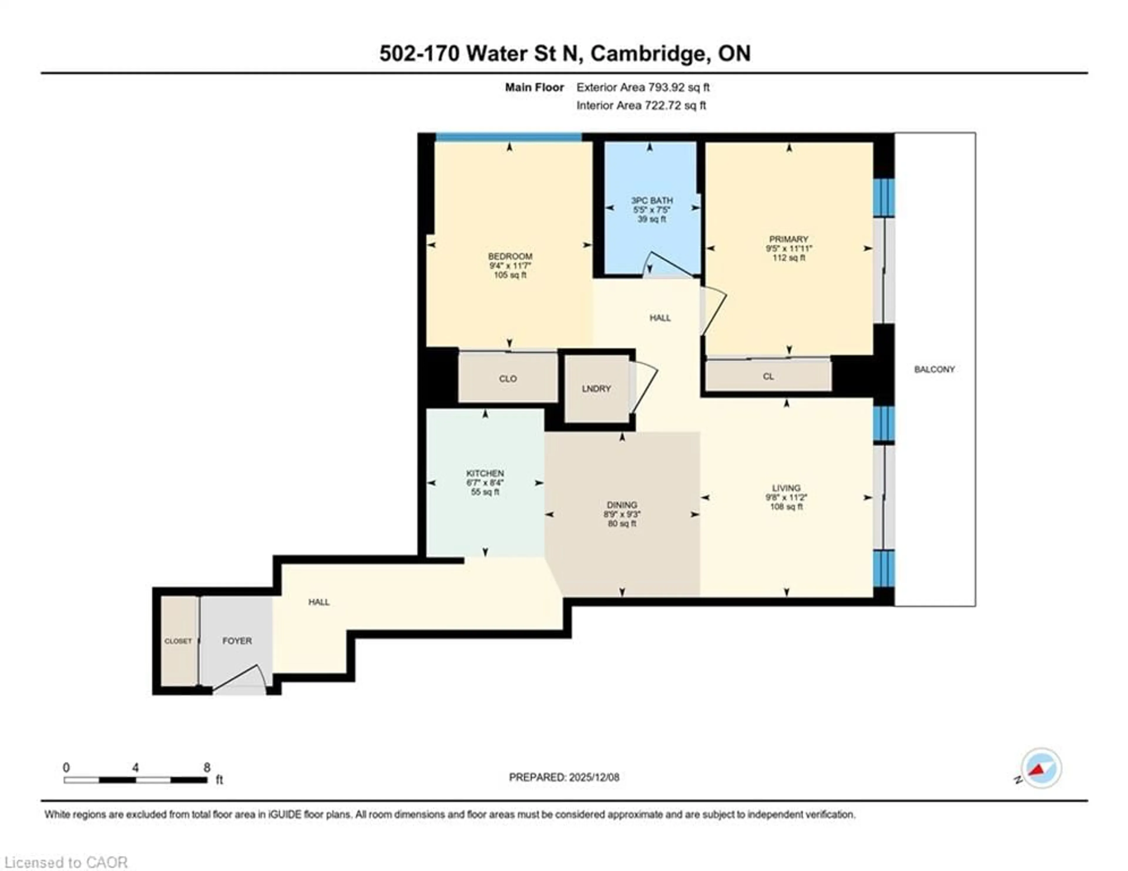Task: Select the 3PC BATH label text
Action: [652, 200]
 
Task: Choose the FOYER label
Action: [237, 641]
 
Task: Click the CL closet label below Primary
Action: [768, 377]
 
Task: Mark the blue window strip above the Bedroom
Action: [509, 137]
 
